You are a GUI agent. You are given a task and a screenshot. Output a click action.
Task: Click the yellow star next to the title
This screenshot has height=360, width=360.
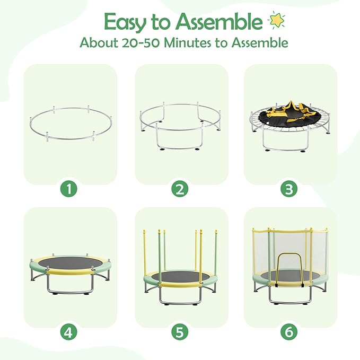tap(277, 20)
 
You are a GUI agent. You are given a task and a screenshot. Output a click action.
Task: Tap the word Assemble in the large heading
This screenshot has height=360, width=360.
tap(219, 21)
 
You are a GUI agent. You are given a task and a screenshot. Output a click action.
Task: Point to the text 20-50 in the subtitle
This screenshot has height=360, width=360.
tap(141, 43)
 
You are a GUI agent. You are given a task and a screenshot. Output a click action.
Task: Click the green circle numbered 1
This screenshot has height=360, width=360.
tap(68, 189)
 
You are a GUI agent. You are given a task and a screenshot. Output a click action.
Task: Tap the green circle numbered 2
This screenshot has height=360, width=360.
tap(180, 189)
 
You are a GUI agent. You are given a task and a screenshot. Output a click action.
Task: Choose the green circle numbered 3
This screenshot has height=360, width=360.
tap(289, 189)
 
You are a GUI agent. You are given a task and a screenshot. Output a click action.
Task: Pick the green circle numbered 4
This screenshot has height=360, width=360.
tap(68, 332)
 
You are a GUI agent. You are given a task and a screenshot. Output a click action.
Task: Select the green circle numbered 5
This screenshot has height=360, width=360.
tap(180, 332)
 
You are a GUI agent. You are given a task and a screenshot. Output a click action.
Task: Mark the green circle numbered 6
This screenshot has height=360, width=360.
tap(289, 332)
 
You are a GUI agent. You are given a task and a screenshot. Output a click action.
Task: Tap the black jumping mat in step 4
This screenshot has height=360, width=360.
tap(71, 263)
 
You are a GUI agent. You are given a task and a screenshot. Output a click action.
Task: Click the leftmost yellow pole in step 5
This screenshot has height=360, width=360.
tap(145, 253)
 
